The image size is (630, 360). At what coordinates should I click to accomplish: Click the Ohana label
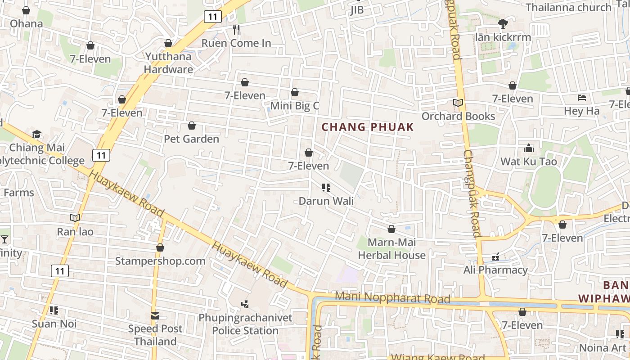tap(26, 23)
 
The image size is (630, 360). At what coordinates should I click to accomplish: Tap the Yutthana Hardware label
tap(168, 63)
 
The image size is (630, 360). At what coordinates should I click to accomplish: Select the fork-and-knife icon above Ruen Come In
tap(236, 30)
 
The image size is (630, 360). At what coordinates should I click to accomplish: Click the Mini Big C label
tap(295, 106)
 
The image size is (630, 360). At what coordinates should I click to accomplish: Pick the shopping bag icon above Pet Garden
tap(192, 126)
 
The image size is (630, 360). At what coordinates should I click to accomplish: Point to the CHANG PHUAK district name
tap(368, 127)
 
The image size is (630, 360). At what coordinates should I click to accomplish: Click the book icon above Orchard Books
tap(458, 103)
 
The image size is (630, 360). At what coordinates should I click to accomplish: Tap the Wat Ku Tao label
tap(529, 162)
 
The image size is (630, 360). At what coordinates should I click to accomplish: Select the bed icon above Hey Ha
tap(582, 98)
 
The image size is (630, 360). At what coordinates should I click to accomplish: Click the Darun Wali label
tap(326, 201)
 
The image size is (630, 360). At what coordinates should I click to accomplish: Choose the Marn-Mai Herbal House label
tap(391, 249)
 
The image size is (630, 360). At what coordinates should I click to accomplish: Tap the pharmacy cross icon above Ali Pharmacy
tap(495, 257)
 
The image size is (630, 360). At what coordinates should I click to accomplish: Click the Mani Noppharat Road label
tap(393, 298)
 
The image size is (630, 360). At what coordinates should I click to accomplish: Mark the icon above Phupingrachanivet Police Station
tap(245, 304)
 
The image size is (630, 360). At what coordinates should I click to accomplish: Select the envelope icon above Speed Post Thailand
tap(155, 315)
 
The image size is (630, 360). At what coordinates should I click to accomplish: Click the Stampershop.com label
tap(160, 261)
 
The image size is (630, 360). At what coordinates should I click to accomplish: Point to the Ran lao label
tap(75, 232)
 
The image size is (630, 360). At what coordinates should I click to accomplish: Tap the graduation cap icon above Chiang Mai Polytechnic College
tap(37, 134)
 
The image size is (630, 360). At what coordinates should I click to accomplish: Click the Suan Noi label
tap(54, 324)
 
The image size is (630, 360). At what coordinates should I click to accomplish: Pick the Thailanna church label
tap(568, 7)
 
